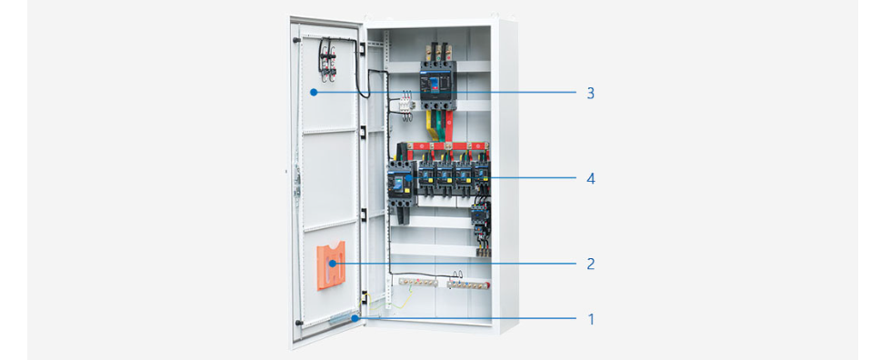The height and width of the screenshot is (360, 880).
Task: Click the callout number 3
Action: tap(590, 93)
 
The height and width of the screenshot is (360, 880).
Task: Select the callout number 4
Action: tap(590, 178)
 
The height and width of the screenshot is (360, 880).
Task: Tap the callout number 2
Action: tap(590, 264)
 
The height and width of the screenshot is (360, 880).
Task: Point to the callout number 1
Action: tap(590, 320)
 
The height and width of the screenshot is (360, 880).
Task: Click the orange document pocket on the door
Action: tap(332, 265)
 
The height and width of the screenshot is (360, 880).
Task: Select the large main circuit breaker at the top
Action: tap(438, 85)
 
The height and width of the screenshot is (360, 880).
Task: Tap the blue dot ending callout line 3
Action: tap(315, 92)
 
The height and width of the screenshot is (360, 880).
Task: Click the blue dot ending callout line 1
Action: tap(355, 318)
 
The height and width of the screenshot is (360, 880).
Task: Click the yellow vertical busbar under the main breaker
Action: tap(431, 125)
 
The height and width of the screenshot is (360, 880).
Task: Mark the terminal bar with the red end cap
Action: tap(468, 285)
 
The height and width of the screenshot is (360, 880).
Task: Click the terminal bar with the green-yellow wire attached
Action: tap(417, 283)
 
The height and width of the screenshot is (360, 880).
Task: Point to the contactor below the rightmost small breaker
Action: tap(480, 215)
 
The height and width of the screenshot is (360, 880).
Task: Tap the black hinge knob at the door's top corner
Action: tap(295, 40)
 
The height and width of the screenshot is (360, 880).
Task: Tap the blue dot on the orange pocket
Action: tap(333, 263)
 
